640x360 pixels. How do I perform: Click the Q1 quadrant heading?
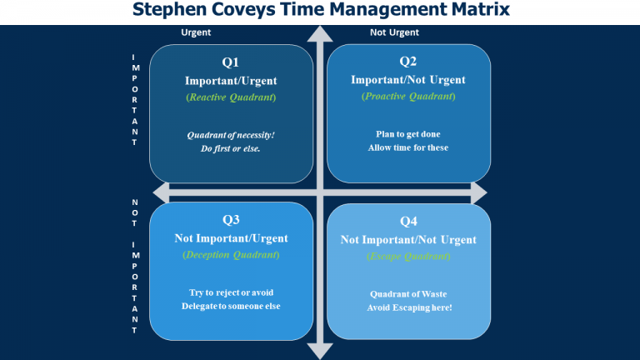click(x=231, y=62)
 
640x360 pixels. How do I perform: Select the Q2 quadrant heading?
click(x=407, y=61)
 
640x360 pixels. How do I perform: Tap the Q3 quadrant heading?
click(x=231, y=220)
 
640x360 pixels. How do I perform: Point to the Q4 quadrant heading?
click(x=408, y=222)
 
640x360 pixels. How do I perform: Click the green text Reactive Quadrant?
click(x=231, y=97)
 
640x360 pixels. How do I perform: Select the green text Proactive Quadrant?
click(x=408, y=97)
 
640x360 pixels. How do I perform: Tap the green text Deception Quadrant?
click(x=231, y=255)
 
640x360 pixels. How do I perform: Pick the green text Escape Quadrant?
click(x=408, y=257)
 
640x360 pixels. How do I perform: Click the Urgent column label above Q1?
click(x=196, y=32)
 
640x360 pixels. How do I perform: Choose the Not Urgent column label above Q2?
click(x=394, y=32)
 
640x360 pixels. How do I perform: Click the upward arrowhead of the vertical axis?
click(x=320, y=33)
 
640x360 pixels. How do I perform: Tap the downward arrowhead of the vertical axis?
click(x=320, y=352)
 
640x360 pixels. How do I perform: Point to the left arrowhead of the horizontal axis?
click(x=161, y=192)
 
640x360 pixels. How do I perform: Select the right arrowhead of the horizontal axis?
click(x=479, y=192)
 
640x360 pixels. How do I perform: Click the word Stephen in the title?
click(x=169, y=10)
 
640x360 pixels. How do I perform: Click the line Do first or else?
click(x=230, y=148)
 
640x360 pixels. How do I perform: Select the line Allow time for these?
click(x=408, y=147)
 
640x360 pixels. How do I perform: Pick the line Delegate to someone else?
click(x=231, y=306)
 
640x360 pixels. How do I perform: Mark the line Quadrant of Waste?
click(x=408, y=294)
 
